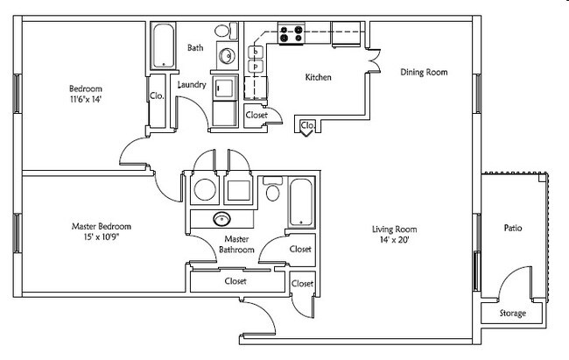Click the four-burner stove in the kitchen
point(292,34)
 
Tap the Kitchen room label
point(318,78)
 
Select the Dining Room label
point(425,72)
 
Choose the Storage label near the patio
point(512,313)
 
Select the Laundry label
point(191,85)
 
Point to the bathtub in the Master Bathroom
point(299,202)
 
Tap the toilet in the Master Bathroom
point(272,191)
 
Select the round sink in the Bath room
point(226,57)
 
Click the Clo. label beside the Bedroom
point(158,95)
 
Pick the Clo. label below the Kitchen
point(307,126)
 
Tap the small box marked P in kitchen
point(256,67)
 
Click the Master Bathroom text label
point(238,244)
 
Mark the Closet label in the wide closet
point(235,281)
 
